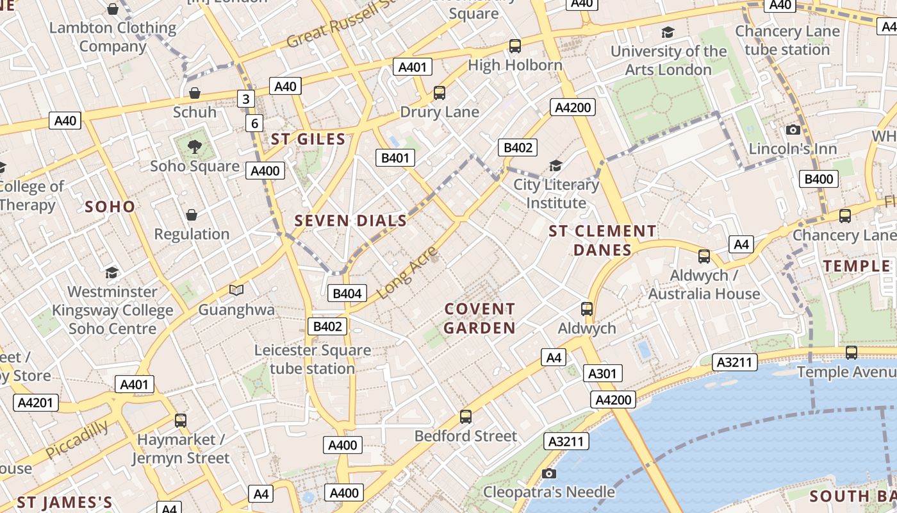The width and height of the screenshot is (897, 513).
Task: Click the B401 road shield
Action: pos(395,158)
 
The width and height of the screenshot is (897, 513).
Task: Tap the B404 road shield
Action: pos(347,294)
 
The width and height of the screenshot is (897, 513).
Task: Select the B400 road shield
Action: pos(818,179)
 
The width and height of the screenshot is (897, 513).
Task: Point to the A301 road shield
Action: pos(602,374)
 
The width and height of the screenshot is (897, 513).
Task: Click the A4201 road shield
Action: pos(35,403)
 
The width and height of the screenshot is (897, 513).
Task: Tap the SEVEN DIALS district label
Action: pos(350,221)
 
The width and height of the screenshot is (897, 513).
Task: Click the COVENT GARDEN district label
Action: pos(480,319)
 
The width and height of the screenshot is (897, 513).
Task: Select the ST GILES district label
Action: pos(308,139)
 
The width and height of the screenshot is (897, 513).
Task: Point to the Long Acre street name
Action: pos(407,273)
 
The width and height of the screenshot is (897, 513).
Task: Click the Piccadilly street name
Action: pos(78,439)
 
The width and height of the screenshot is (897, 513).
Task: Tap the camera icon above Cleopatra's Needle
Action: pos(549,474)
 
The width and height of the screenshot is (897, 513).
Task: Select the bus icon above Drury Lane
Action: pos(440,93)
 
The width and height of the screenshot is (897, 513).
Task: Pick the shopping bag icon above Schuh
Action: pos(195,94)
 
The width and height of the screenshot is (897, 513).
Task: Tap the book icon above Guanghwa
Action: pos(236,290)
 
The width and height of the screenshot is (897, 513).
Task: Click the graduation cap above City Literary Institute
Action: pos(555,166)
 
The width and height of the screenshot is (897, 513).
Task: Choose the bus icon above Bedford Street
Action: pos(466,417)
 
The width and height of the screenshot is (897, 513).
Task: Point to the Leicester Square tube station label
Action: pos(313,360)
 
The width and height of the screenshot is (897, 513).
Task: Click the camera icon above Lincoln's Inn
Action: pos(793,130)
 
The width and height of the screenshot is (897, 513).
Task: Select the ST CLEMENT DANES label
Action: pos(602,240)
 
